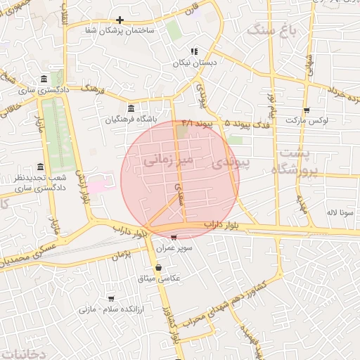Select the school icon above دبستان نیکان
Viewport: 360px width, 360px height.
tap(194, 51)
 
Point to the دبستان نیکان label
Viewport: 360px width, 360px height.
tap(194, 62)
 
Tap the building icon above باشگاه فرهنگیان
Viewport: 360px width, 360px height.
tap(131, 108)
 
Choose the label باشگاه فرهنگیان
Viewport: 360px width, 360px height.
tap(131, 119)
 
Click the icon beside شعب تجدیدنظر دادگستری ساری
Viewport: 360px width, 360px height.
tap(40, 167)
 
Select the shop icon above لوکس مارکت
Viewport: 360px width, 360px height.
tap(307, 110)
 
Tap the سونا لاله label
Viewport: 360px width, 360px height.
tap(333, 212)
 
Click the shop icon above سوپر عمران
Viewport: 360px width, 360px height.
tap(174, 237)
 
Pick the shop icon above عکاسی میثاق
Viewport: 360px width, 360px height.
tap(159, 267)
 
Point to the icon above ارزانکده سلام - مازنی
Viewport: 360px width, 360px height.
tap(110, 299)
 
